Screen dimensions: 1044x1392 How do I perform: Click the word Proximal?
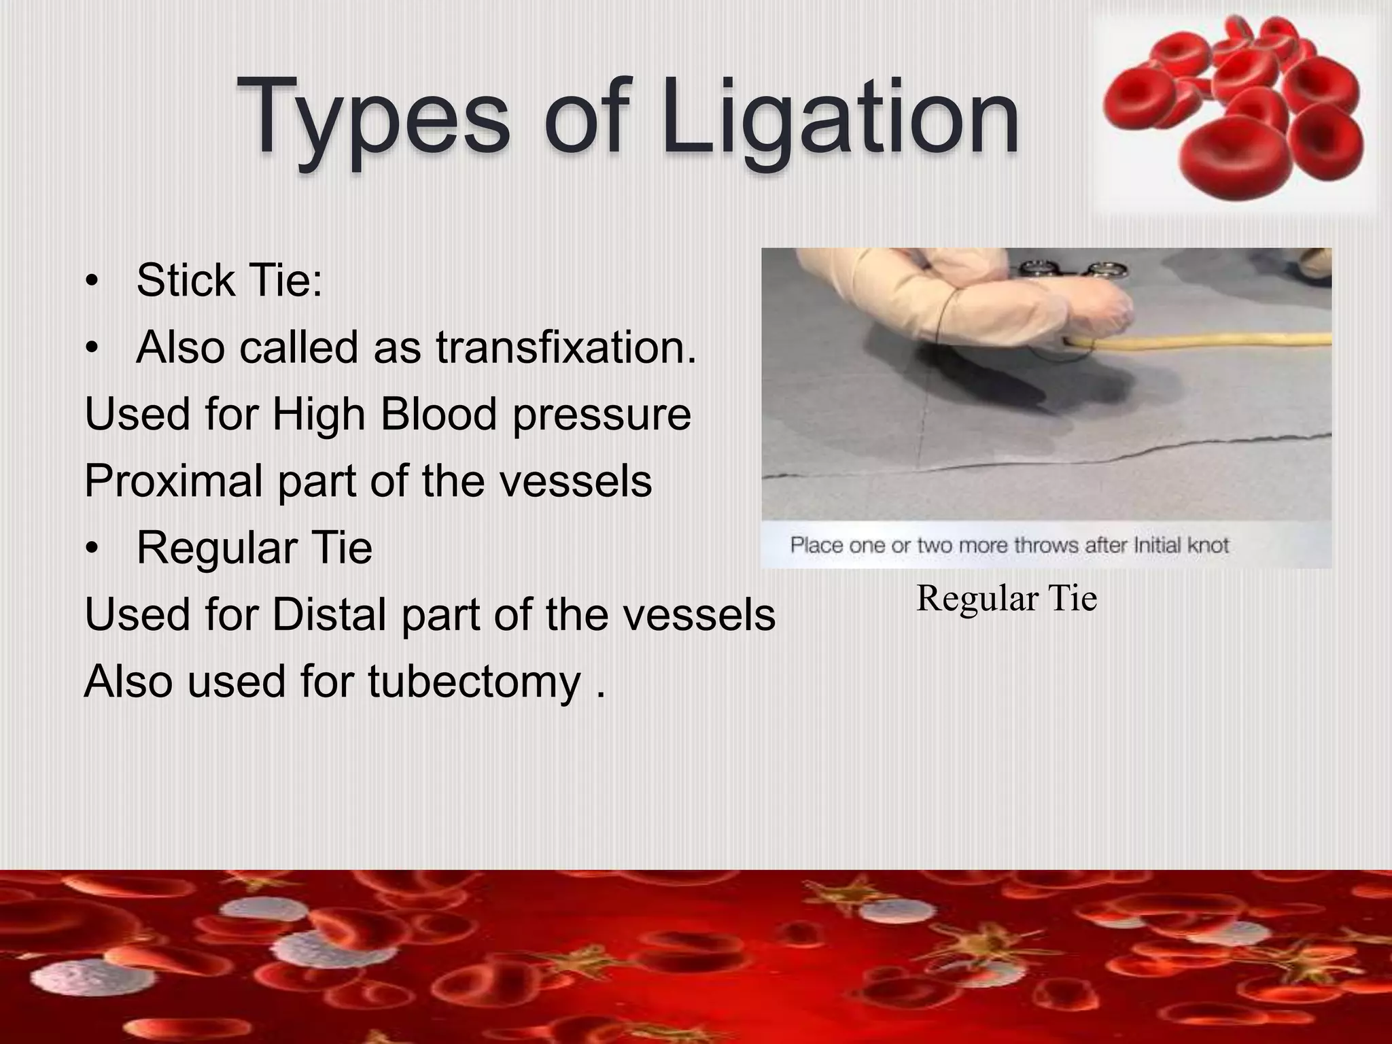(173, 481)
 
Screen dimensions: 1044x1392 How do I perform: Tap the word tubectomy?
(474, 681)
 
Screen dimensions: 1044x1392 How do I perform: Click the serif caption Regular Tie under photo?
(1007, 598)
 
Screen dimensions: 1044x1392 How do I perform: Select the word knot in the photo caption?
(1208, 544)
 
